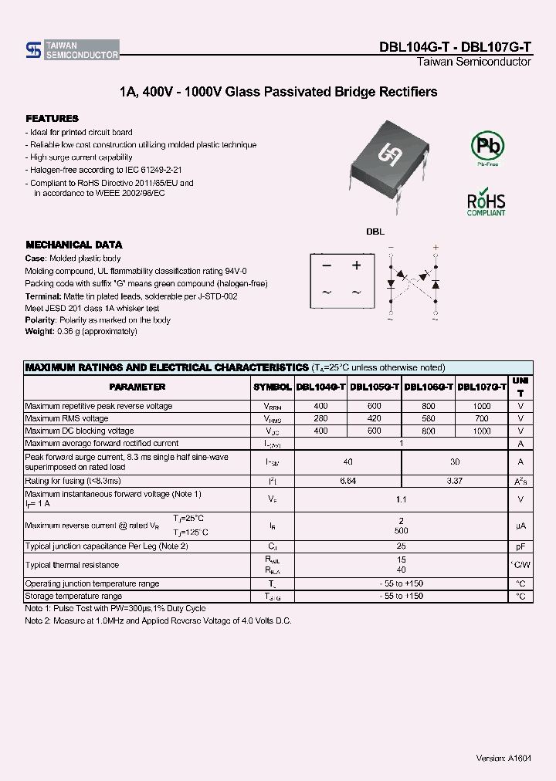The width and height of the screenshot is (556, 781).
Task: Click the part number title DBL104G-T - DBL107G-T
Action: (455, 46)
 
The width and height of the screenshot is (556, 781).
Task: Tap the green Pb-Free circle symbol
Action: (487, 146)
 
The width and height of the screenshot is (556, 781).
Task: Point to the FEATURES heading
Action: (52, 119)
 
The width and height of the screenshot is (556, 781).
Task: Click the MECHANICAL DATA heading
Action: (74, 245)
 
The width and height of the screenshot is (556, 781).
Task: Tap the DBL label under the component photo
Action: (375, 232)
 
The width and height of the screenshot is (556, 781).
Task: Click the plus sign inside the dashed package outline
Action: (356, 265)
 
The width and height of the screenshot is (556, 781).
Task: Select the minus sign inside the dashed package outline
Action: (327, 265)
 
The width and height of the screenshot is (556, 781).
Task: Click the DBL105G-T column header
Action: (375, 387)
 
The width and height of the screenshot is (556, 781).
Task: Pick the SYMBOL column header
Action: (272, 387)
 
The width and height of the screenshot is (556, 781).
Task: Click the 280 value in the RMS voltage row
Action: (320, 418)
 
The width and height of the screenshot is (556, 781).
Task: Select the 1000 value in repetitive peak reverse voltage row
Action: (482, 406)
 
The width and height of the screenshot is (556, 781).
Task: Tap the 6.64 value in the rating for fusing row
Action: (347, 480)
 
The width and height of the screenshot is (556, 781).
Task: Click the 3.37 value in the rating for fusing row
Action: (455, 480)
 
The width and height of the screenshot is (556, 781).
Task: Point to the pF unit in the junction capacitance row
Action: (520, 546)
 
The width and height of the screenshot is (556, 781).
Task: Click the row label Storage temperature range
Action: (73, 596)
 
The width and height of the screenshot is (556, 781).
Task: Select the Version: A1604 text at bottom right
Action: (503, 758)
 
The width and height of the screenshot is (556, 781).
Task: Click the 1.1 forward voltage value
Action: (401, 499)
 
